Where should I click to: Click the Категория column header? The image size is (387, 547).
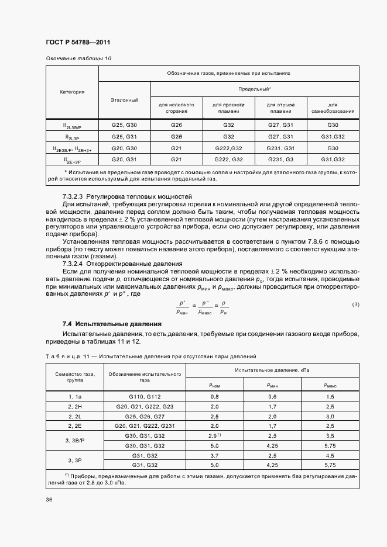click(x=72, y=92)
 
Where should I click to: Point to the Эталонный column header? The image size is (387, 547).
click(x=124, y=100)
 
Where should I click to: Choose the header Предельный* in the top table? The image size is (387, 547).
click(x=254, y=88)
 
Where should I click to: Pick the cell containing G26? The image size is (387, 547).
click(x=176, y=125)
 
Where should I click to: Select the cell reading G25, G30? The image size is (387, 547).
click(x=124, y=125)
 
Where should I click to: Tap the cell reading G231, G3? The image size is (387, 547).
click(x=280, y=159)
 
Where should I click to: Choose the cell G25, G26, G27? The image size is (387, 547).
click(x=145, y=416)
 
